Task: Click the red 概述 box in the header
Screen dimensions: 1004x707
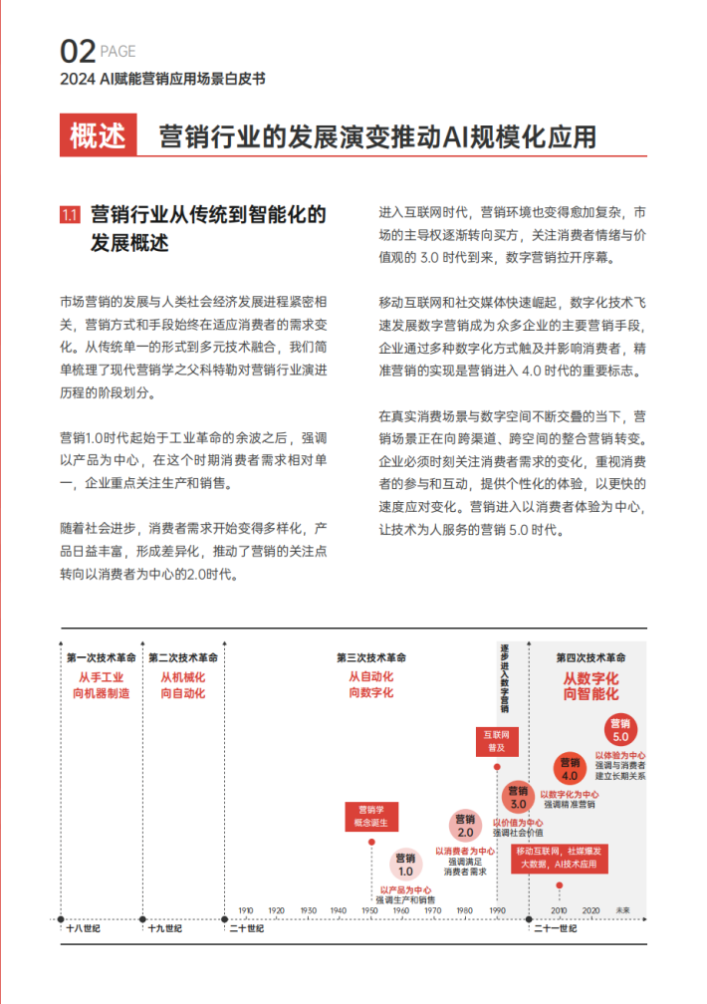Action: pyautogui.click(x=98, y=135)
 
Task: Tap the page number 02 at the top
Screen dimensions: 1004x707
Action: pyautogui.click(x=77, y=51)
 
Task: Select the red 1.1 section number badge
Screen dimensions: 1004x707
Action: pyautogui.click(x=70, y=214)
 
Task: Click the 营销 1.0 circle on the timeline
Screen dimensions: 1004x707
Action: pyautogui.click(x=405, y=864)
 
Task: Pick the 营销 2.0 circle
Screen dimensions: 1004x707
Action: pyautogui.click(x=465, y=826)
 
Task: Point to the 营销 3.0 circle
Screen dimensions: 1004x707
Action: pyautogui.click(x=518, y=796)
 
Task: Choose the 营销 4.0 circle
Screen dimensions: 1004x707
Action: pyautogui.click(x=570, y=768)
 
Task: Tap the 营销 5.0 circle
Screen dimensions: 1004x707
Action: pyautogui.click(x=620, y=730)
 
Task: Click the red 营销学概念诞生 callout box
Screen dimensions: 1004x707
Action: pyautogui.click(x=371, y=817)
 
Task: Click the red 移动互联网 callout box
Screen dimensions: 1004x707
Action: pyautogui.click(x=560, y=859)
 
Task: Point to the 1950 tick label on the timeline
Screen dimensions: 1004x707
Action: pyautogui.click(x=369, y=910)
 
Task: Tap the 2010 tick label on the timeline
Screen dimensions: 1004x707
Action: pyautogui.click(x=559, y=910)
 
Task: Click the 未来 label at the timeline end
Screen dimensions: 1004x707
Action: pyautogui.click(x=623, y=910)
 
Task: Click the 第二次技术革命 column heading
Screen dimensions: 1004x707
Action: pyautogui.click(x=183, y=658)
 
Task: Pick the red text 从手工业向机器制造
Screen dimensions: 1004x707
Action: pyautogui.click(x=102, y=685)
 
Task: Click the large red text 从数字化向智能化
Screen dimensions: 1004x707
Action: pyautogui.click(x=590, y=685)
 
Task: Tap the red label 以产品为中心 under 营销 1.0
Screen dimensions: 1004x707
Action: pyautogui.click(x=405, y=889)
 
